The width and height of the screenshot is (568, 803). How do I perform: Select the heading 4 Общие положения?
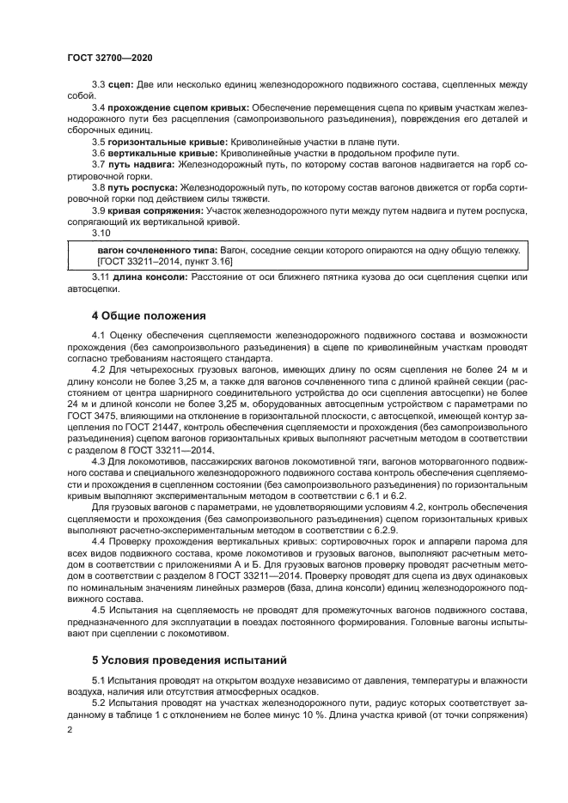coord(149,316)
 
